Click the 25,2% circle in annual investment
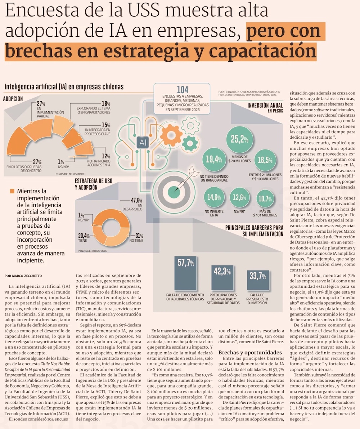click(240, 138)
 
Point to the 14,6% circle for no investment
click(214, 197)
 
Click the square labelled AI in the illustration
click(142, 143)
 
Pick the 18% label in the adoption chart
click(106, 103)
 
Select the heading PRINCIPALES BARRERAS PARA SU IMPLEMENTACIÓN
click(254, 231)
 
